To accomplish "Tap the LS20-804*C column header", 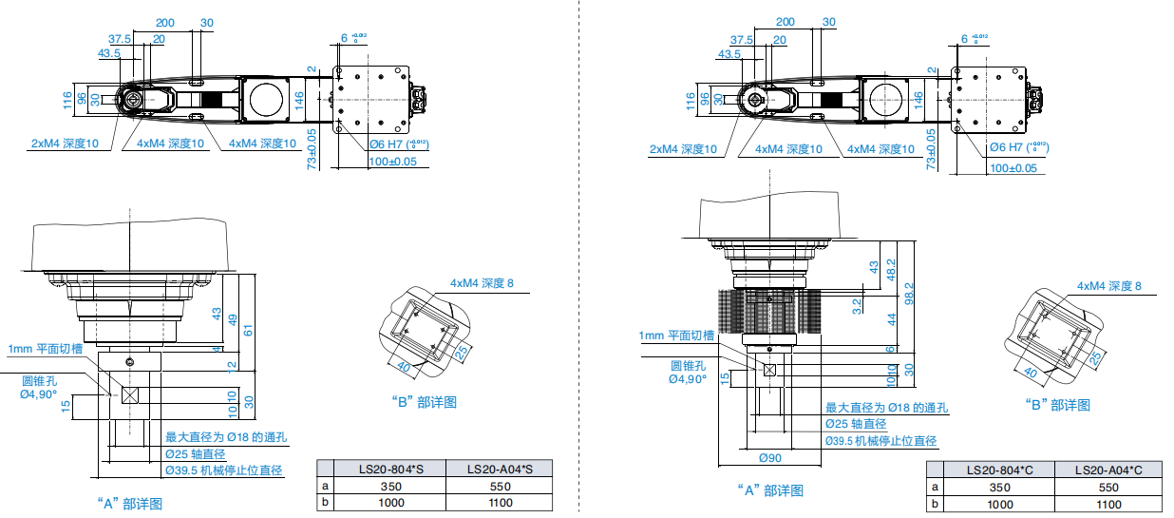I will tap(999, 470).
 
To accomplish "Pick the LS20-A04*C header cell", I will tap(1108, 470).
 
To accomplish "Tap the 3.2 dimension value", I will tap(857, 305).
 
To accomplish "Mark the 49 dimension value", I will tap(230, 319).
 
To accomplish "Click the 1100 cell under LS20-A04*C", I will tap(1108, 505).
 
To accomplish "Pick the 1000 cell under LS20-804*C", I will tap(999, 505).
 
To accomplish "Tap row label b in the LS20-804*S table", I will tap(326, 503).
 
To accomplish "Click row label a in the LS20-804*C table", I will tap(935, 487).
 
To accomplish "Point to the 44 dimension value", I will tap(891, 320).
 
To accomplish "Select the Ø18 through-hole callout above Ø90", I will tap(886, 408).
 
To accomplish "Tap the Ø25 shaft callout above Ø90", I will tap(855, 424).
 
